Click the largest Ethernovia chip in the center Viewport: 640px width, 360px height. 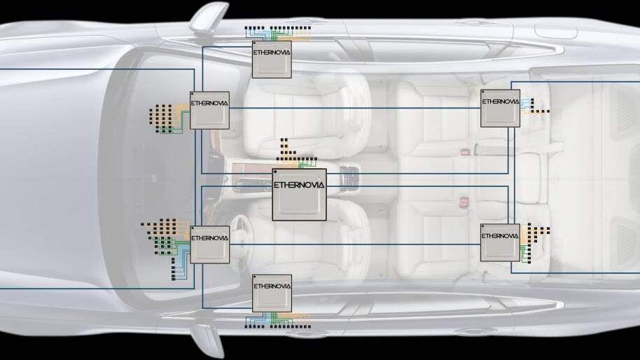pyautogui.click(x=299, y=194)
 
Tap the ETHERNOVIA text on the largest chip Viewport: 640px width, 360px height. pyautogui.click(x=299, y=185)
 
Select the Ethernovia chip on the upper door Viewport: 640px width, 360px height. pyautogui.click(x=272, y=59)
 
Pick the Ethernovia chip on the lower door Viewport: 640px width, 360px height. pyautogui.click(x=272, y=293)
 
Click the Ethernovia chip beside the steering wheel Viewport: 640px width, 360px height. pyautogui.click(x=210, y=244)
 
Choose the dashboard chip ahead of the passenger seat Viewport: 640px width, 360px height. pyautogui.click(x=210, y=110)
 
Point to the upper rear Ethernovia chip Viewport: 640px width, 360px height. pyautogui.click(x=500, y=108)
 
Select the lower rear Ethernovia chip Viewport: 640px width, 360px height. pyautogui.click(x=500, y=242)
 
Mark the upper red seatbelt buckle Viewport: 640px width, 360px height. pyautogui.click(x=463, y=151)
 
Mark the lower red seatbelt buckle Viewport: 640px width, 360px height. pyautogui.click(x=463, y=202)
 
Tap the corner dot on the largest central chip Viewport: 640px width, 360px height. pyautogui.click(x=277, y=172)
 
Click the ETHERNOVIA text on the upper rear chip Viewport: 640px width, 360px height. pyautogui.click(x=500, y=101)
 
